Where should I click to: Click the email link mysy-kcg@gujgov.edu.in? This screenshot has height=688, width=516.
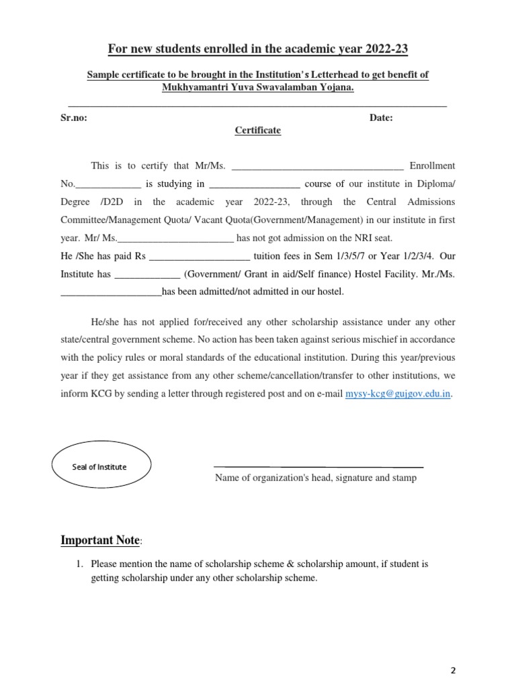pos(398,394)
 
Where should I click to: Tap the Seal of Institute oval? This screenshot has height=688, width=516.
pos(101,467)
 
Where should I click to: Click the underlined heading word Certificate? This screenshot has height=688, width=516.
pos(258,131)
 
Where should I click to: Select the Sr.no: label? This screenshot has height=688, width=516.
pos(73,118)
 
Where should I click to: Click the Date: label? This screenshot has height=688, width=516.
pos(382,118)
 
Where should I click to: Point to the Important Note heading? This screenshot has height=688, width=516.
pos(100,540)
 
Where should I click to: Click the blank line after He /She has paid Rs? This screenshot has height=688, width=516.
pos(199,256)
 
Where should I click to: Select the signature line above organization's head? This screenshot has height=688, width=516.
pos(318,466)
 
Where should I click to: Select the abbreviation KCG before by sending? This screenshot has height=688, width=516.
pos(102,394)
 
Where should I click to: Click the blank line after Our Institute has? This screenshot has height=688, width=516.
pos(147,274)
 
